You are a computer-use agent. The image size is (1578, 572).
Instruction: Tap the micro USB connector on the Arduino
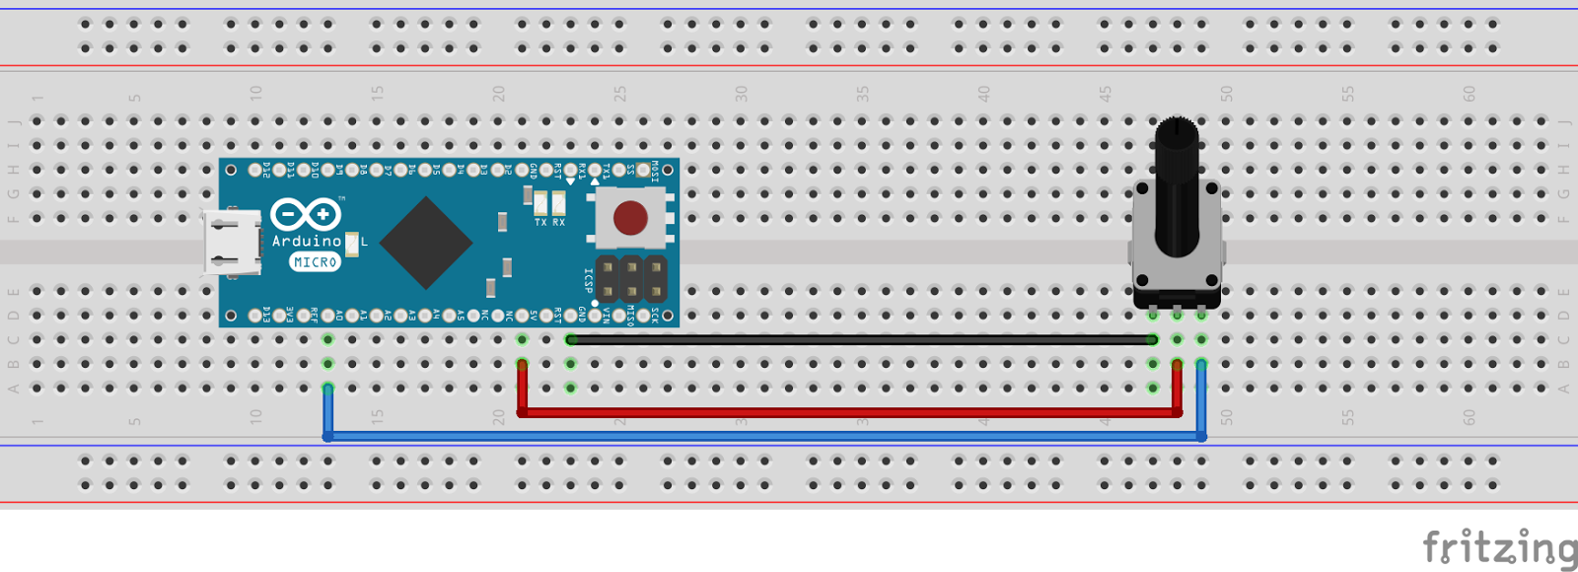click(233, 243)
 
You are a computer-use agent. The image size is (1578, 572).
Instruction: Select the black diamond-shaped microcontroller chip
click(425, 243)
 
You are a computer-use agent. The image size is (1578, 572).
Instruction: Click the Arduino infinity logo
click(305, 214)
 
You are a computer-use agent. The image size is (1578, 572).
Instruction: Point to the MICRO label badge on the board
click(315, 262)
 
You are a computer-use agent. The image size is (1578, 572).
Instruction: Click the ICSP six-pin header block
click(631, 280)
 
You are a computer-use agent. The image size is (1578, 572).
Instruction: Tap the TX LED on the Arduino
click(540, 204)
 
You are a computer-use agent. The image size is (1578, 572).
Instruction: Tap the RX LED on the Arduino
click(558, 204)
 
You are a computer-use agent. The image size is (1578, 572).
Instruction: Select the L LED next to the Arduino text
click(351, 243)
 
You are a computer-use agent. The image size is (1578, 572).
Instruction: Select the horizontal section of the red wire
click(848, 412)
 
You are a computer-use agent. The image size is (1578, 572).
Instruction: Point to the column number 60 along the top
click(1469, 94)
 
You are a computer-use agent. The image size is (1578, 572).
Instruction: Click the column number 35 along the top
click(862, 94)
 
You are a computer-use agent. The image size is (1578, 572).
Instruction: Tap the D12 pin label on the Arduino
click(266, 171)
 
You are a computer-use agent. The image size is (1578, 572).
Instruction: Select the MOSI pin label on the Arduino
click(654, 172)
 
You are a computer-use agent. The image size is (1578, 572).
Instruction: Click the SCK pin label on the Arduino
click(654, 316)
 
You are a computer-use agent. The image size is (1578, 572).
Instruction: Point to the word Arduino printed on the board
click(306, 242)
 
